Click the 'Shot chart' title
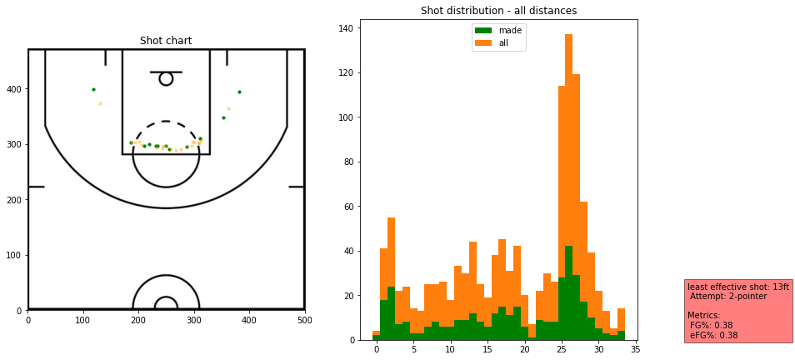point(166,41)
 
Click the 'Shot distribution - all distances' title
point(498,11)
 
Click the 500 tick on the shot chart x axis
point(304,319)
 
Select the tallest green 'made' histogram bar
point(569,292)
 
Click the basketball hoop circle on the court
point(166,78)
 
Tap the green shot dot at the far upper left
point(93,89)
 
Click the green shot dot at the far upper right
point(239,92)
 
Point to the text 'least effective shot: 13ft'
point(737,287)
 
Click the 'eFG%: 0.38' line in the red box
point(713,336)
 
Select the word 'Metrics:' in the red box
point(704,316)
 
